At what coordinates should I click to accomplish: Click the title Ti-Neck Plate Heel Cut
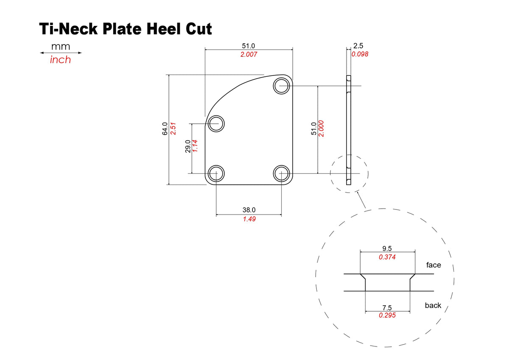pos(126,29)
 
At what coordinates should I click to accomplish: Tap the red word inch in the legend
pos(60,60)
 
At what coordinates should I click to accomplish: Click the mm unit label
pos(60,46)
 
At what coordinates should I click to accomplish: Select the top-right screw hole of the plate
pos(281,86)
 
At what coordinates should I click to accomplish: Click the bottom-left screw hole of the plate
pos(216,173)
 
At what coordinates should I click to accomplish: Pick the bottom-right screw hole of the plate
pos(281,173)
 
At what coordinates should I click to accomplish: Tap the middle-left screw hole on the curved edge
pos(216,123)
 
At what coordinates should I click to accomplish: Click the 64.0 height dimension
pos(165,128)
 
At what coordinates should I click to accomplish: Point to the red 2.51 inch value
pos(173,128)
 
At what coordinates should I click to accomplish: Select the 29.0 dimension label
pos(187,146)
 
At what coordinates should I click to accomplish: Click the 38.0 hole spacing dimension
pos(249,210)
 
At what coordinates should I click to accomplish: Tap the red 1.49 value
pos(249,219)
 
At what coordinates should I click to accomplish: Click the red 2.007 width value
pos(249,55)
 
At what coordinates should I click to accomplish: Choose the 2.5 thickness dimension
pos(358,46)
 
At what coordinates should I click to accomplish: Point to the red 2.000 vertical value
pos(322,128)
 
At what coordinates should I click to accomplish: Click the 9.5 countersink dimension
pos(387,249)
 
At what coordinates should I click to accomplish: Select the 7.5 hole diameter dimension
pos(387,307)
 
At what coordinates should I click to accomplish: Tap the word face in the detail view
pos(433,265)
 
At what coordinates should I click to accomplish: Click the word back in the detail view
pos(433,305)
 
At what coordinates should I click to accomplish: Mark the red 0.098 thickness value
pos(360,54)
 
